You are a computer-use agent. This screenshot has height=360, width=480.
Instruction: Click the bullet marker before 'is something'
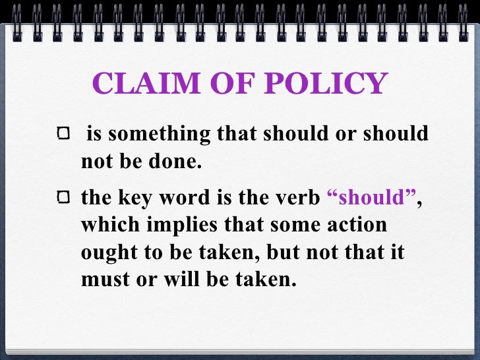[x=63, y=135]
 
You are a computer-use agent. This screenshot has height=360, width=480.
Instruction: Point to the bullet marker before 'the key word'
[x=63, y=197]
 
